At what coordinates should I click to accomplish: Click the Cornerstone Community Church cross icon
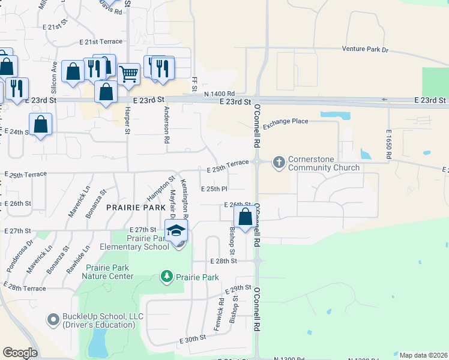coord(279,162)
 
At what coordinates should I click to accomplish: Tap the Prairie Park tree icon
coord(166,277)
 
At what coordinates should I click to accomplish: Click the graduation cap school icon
coord(176,231)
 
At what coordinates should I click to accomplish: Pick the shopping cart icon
coord(128,74)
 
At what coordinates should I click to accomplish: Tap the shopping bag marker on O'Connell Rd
coord(245,217)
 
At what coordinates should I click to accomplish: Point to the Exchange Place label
coord(285,121)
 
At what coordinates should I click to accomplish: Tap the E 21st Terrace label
coord(101,41)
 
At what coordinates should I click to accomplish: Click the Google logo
coord(20,353)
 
